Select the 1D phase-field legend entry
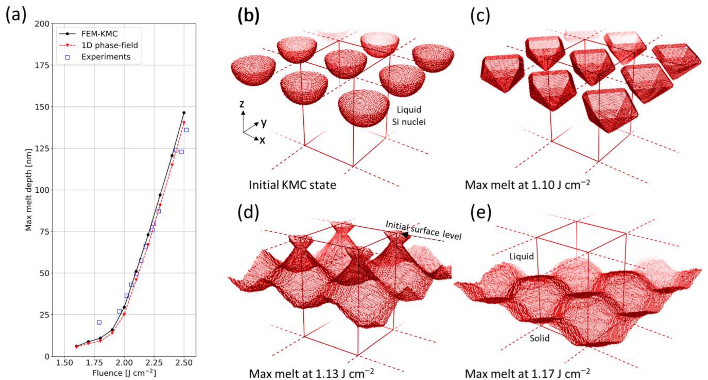[109, 45]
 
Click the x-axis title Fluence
[124, 373]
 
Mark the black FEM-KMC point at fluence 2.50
[184, 113]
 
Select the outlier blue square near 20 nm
[99, 322]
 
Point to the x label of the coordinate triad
[262, 140]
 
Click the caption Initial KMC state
[292, 185]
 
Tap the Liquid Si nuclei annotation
[409, 115]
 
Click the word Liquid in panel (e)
[521, 257]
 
